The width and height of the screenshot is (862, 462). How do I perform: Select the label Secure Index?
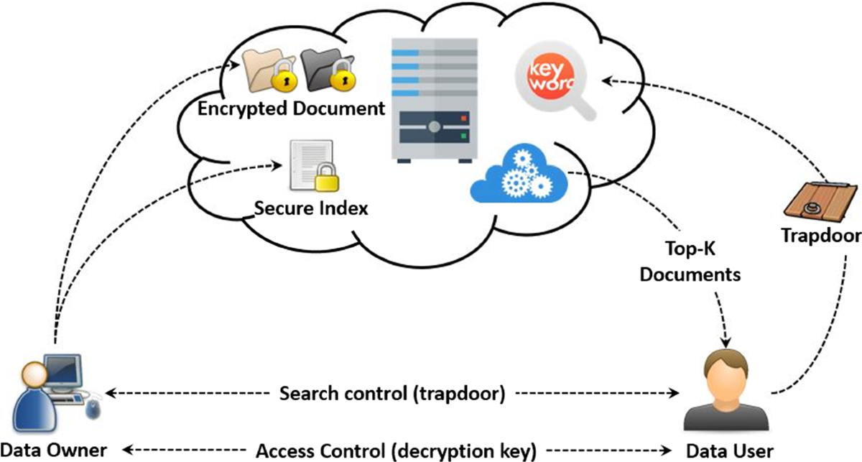point(311,208)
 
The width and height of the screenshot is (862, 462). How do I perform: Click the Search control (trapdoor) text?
point(392,394)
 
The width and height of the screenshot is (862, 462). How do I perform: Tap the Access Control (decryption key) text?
point(397,451)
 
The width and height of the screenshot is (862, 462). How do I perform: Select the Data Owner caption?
point(53,451)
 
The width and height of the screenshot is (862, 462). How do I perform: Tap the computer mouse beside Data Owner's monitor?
point(94,410)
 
